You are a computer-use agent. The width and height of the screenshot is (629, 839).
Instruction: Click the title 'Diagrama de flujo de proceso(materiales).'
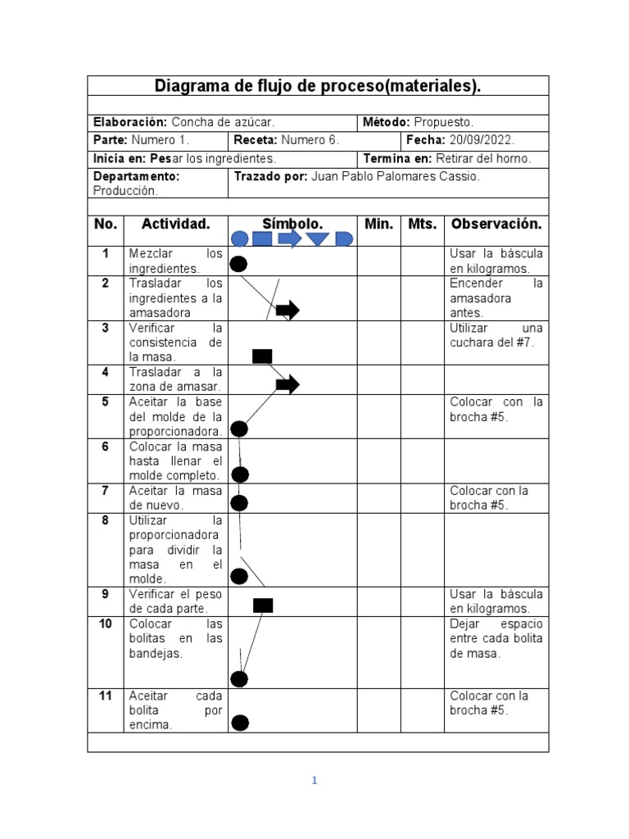(x=318, y=86)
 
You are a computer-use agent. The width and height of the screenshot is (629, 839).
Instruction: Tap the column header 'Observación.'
(x=496, y=224)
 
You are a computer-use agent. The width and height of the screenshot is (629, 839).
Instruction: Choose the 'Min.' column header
(x=378, y=224)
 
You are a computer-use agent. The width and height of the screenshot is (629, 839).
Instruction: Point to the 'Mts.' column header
(x=422, y=224)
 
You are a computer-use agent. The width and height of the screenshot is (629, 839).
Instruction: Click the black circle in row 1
(x=238, y=264)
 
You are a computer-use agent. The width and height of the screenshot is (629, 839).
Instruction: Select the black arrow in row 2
(x=287, y=310)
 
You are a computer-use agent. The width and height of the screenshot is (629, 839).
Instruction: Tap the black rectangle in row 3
(x=262, y=356)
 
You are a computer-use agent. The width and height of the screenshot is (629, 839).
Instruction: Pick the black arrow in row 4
(x=287, y=384)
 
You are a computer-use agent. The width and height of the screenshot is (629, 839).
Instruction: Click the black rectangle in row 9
(x=263, y=605)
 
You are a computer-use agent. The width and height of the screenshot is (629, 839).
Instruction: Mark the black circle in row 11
(x=240, y=722)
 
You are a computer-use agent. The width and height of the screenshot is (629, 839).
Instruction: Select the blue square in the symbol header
(x=261, y=239)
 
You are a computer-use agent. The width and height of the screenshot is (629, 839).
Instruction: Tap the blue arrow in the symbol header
(x=289, y=238)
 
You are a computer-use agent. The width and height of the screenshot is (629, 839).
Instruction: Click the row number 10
(x=105, y=624)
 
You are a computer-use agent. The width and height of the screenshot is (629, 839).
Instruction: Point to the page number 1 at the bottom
(x=314, y=781)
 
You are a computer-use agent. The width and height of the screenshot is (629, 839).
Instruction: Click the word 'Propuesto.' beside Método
(x=443, y=122)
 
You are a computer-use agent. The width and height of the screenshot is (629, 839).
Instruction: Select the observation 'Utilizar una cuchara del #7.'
(x=496, y=335)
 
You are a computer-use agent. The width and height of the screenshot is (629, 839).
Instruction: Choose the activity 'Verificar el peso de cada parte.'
(x=174, y=601)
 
